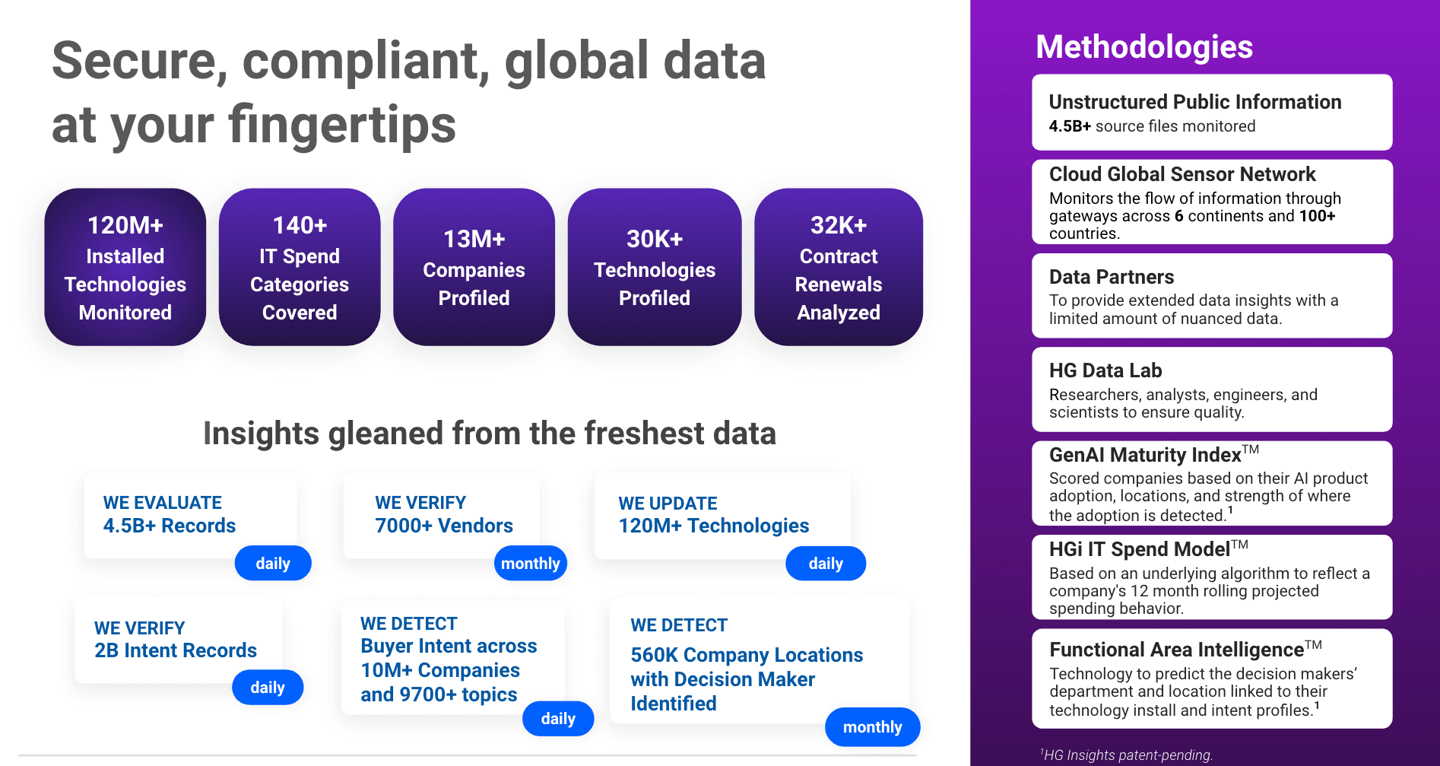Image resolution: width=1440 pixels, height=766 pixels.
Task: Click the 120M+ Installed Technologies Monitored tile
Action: (125, 268)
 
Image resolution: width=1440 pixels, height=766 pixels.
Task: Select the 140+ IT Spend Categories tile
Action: (300, 268)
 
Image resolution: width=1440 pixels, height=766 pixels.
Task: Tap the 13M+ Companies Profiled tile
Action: (474, 268)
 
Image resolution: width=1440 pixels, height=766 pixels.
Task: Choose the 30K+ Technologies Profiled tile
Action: (654, 268)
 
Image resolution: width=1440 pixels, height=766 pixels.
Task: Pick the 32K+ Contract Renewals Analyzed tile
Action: (838, 268)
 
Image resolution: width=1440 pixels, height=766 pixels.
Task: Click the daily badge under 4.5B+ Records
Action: (273, 564)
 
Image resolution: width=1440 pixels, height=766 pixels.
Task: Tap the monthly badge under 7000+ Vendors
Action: (530, 564)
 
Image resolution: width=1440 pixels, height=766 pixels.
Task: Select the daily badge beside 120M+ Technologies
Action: (826, 564)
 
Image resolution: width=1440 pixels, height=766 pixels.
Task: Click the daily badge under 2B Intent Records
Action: (268, 688)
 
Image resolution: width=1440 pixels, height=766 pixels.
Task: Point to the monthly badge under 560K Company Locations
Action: (872, 727)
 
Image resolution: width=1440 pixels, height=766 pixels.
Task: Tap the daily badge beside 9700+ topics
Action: (558, 719)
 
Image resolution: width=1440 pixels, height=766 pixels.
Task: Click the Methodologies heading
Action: (1143, 47)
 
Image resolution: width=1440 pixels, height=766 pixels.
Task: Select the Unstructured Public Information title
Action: (1194, 102)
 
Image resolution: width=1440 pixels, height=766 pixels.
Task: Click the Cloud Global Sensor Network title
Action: (1181, 174)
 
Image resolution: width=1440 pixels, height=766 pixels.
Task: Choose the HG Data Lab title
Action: (1105, 370)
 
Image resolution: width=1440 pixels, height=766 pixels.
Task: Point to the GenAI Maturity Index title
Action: (1145, 455)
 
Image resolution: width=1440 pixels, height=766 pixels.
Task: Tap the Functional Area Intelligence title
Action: (1176, 650)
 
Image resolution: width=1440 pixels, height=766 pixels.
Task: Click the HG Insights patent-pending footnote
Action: (1127, 755)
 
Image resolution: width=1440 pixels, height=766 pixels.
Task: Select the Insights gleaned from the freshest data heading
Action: (489, 434)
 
